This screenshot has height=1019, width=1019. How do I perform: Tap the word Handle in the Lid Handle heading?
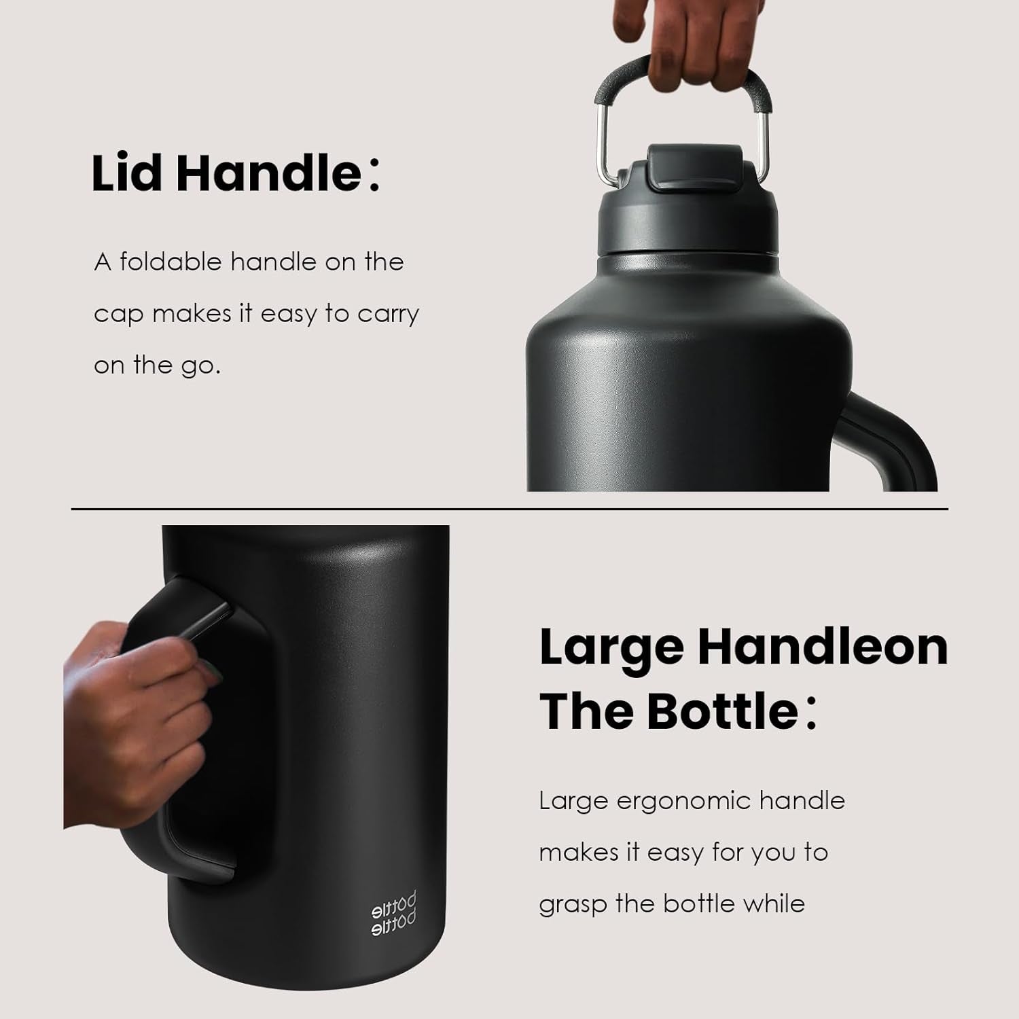pyautogui.click(x=268, y=174)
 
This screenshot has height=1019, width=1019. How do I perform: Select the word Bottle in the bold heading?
pyautogui.click(x=721, y=711)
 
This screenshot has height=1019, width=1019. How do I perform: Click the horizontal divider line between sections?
pyautogui.click(x=509, y=508)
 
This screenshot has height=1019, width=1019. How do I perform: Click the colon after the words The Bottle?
pyautogui.click(x=811, y=713)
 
